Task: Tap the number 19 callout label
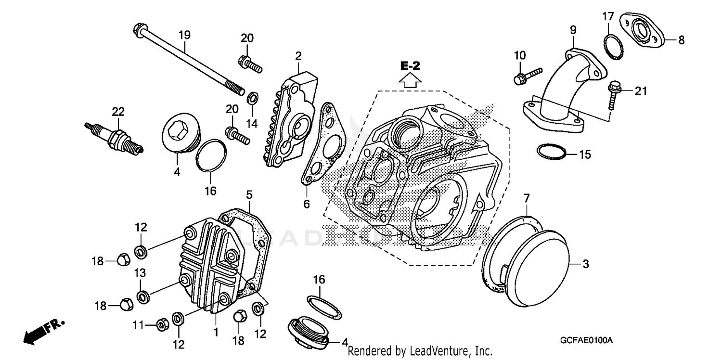tap(184, 35)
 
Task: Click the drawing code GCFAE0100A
tap(586, 340)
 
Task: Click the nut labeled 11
tap(162, 325)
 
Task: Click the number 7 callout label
tap(526, 198)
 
